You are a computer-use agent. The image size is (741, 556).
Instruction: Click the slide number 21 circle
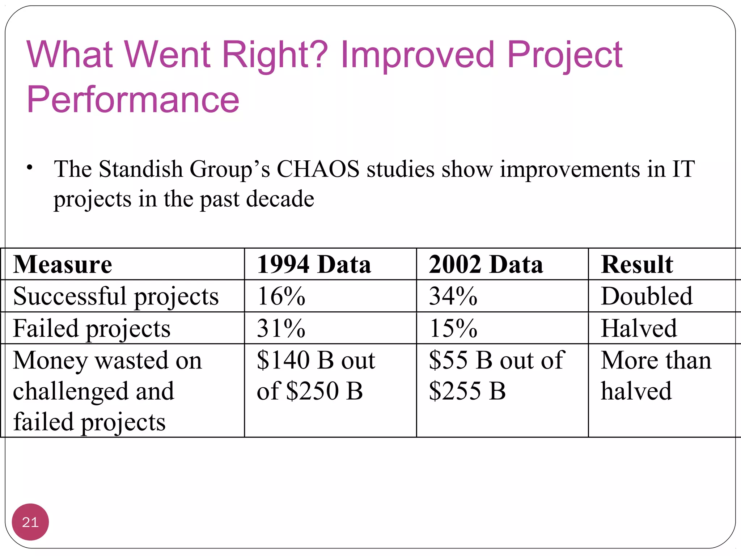30,522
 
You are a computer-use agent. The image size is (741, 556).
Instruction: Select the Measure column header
63,264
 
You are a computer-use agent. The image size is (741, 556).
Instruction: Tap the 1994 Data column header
314,264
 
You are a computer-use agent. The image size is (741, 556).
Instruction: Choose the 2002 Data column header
486,264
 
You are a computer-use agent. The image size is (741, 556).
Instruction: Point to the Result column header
637,264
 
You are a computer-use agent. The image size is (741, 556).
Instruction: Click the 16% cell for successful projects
281,296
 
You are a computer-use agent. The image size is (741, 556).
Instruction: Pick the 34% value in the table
453,296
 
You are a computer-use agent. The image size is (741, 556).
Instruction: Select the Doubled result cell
647,296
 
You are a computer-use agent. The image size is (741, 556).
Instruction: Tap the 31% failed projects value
281,328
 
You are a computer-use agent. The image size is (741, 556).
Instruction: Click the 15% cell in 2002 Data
453,328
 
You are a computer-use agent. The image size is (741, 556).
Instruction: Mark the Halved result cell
639,328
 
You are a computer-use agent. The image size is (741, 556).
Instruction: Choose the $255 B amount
467,391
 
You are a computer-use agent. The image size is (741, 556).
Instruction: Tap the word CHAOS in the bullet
318,169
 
